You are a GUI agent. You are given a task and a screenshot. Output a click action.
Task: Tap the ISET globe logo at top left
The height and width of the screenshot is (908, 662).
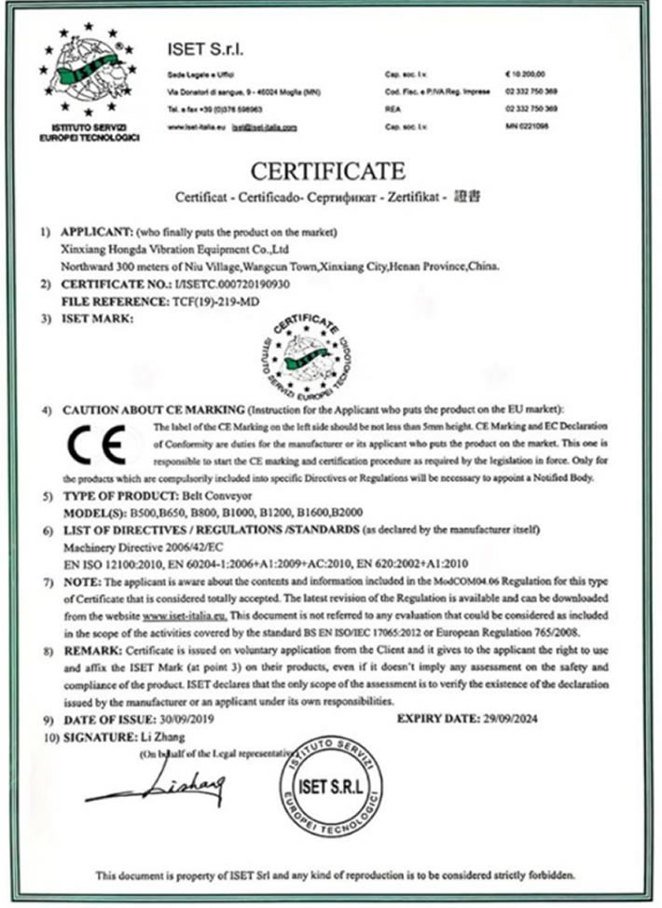click(x=89, y=74)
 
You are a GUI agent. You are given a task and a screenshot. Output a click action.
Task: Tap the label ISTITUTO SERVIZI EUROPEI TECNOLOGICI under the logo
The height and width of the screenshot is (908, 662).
click(x=89, y=131)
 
